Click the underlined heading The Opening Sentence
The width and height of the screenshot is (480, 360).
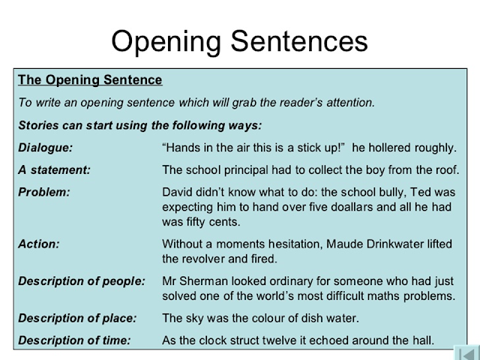pyautogui.click(x=89, y=79)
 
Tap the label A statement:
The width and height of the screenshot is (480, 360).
pyautogui.click(x=54, y=169)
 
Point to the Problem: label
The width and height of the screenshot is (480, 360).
pyautogui.click(x=43, y=192)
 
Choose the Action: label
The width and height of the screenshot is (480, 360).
pyautogui.click(x=39, y=244)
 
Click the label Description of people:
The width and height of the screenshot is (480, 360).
pyautogui.click(x=81, y=281)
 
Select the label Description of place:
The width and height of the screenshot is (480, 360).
pyautogui.click(x=77, y=318)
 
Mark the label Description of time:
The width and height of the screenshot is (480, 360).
pyautogui.click(x=74, y=340)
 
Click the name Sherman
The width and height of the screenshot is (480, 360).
pyautogui.click(x=208, y=281)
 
